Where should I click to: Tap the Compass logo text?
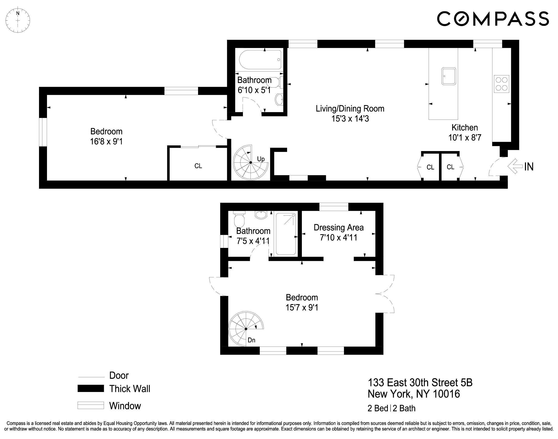click(x=493, y=19)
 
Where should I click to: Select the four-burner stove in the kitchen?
click(x=501, y=84)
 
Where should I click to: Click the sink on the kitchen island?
click(x=449, y=76)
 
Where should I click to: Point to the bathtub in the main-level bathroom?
click(x=260, y=60)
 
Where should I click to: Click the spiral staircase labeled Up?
click(x=250, y=162)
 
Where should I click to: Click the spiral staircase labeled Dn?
click(x=246, y=329)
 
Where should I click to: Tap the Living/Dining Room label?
click(x=350, y=109)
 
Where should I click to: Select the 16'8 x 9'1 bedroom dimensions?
click(x=106, y=142)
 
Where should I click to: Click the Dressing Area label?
click(x=339, y=228)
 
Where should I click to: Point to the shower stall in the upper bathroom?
click(x=286, y=234)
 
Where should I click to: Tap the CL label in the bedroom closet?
click(x=198, y=166)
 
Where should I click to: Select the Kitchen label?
click(x=465, y=128)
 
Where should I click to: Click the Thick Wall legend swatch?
click(x=91, y=389)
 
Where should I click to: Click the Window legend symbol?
click(x=91, y=405)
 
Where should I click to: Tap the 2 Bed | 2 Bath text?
click(x=391, y=408)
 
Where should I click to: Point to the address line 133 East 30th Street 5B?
click(x=420, y=383)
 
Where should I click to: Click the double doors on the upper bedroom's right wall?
click(x=385, y=294)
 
